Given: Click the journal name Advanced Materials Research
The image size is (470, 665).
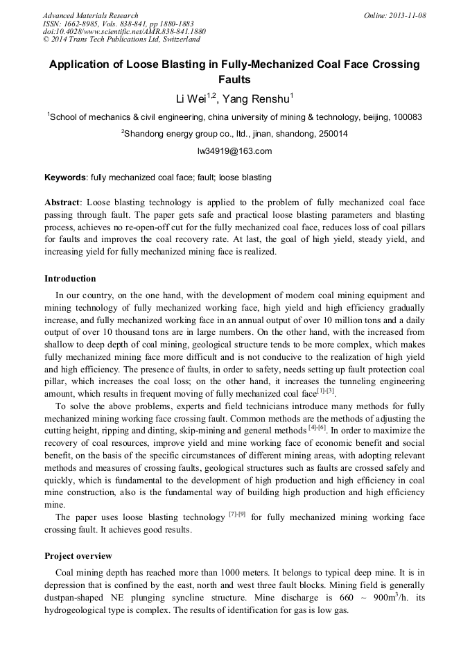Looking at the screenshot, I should tap(90, 15).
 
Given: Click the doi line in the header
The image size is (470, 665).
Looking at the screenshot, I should tap(124, 31).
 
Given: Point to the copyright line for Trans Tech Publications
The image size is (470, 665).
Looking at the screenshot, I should tap(121, 40).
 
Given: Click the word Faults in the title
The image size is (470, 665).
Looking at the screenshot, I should tap(234, 80).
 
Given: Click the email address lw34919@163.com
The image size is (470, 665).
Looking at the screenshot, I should tap(234, 150).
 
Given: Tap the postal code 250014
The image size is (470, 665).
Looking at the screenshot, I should tap(331, 134).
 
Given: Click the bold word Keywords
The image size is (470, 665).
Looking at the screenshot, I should tap(65, 178).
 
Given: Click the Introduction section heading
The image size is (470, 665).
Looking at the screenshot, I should tap(70, 279).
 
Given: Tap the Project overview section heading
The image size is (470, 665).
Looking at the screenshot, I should tap(78, 556).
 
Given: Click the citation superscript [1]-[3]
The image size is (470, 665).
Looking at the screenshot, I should tap(326, 390).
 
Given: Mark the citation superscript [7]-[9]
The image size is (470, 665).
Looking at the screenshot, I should tap(236, 515).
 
